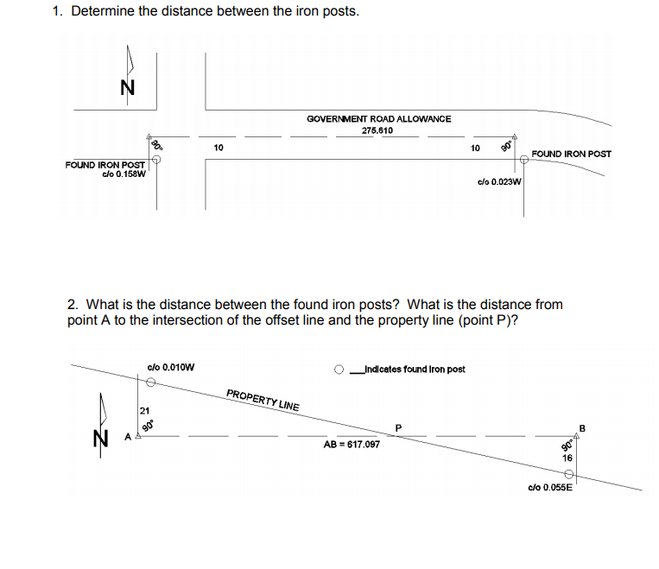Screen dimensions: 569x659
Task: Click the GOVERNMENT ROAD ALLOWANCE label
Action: click(378, 118)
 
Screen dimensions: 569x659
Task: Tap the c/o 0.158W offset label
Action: click(124, 174)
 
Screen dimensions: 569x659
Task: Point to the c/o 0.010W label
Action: click(171, 367)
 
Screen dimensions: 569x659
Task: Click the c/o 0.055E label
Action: click(549, 488)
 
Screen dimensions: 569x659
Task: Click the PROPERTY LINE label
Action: click(263, 400)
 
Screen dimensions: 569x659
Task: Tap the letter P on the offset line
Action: click(398, 426)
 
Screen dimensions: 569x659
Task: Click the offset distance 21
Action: click(144, 409)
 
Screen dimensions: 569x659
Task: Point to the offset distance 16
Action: click(567, 458)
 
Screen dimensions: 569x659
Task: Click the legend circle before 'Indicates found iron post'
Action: click(341, 370)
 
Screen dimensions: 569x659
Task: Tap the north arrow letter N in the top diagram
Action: click(126, 87)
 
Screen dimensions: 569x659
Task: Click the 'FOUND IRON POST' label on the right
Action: click(571, 154)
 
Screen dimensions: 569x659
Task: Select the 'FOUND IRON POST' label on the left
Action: click(105, 164)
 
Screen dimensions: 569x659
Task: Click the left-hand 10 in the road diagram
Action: click(219, 148)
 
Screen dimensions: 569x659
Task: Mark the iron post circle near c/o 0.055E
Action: click(569, 475)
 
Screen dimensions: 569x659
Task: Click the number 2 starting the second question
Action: click(72, 304)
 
